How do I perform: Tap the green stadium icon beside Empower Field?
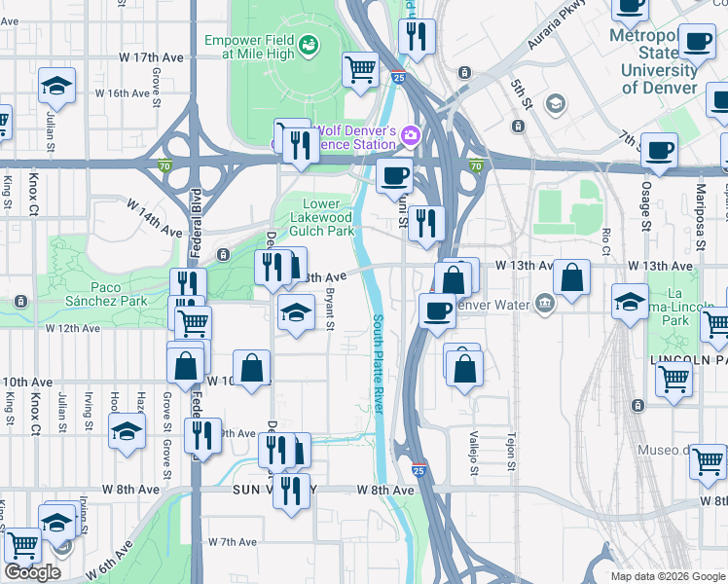coord(309,44)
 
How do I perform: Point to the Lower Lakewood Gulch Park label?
coord(322,217)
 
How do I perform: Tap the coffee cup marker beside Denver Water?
coord(437,310)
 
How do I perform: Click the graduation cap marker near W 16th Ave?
coord(57,86)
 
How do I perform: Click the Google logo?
coord(31,572)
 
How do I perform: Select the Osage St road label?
coord(646,205)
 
